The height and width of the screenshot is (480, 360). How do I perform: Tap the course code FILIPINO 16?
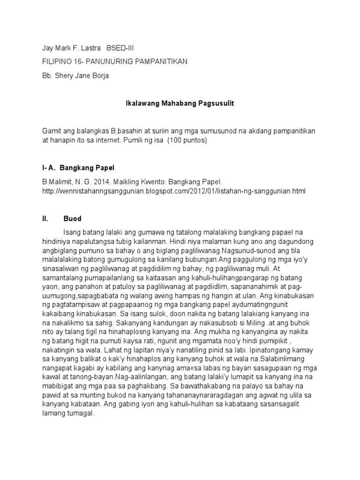(60, 62)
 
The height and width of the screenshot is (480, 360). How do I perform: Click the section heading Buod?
(73, 218)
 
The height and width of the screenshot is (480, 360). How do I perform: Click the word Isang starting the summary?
(72, 232)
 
